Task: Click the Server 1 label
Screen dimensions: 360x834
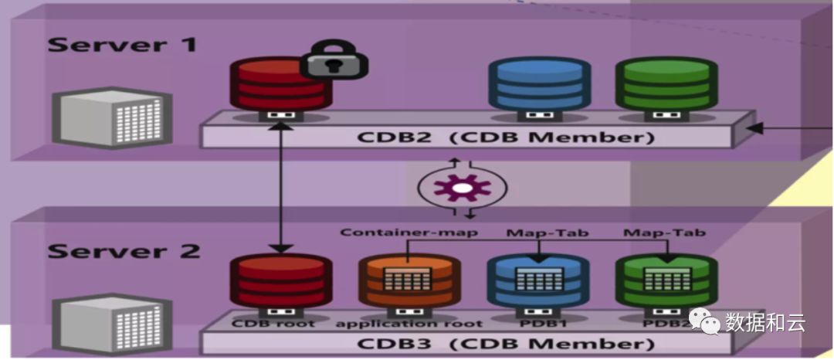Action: click(x=122, y=44)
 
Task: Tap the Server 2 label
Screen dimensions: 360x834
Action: click(x=124, y=252)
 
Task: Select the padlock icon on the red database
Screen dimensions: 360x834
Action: click(x=334, y=61)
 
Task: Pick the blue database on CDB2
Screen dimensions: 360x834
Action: click(x=540, y=85)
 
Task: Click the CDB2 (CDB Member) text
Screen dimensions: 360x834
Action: click(x=506, y=138)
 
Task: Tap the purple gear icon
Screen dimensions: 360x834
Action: click(x=462, y=187)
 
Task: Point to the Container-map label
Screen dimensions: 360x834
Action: click(x=409, y=232)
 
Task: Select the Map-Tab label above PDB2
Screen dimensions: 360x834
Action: click(x=664, y=232)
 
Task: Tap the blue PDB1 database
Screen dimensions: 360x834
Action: click(x=538, y=282)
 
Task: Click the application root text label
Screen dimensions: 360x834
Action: click(x=409, y=323)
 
